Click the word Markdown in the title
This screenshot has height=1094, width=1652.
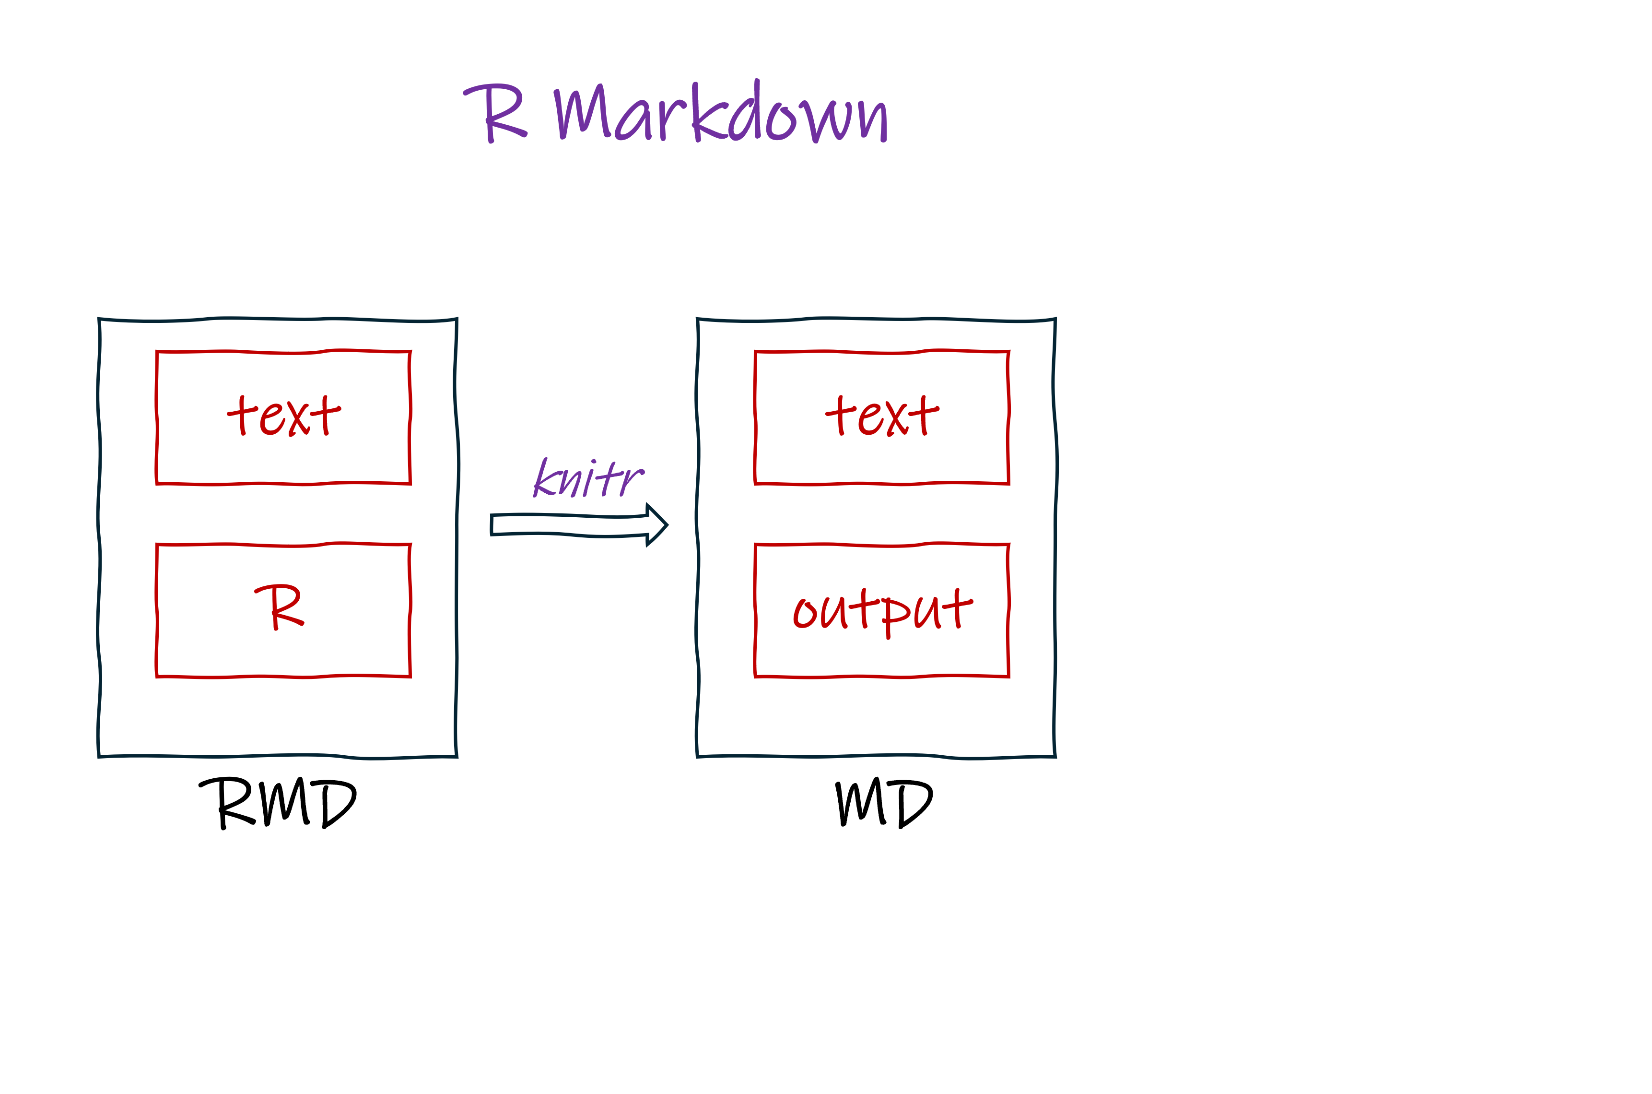click(x=722, y=113)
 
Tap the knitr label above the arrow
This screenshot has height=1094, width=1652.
click(x=588, y=478)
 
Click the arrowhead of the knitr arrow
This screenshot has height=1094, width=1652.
click(x=656, y=524)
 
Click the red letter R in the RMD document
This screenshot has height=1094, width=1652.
click(x=279, y=607)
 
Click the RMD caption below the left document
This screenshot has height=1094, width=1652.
click(x=278, y=804)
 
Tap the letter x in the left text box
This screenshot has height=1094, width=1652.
click(x=298, y=418)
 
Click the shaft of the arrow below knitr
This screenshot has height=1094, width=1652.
click(x=568, y=524)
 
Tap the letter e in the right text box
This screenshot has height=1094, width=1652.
click(x=871, y=420)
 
